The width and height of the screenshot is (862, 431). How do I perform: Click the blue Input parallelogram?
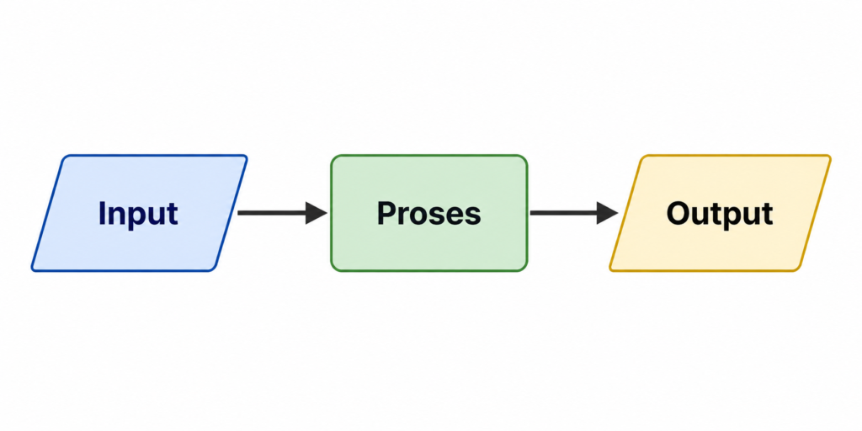pos(139,213)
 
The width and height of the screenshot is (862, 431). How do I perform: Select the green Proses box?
pos(428,213)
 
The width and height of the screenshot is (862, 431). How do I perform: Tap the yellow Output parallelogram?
pos(721,213)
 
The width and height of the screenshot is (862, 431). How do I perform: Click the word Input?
pos(138,214)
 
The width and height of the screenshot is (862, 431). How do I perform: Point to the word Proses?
pos(428,213)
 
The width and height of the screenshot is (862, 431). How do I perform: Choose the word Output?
pos(720,213)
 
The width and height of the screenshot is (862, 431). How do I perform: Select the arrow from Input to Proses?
pos(283,213)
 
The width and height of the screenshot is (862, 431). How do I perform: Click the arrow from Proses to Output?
pos(574,213)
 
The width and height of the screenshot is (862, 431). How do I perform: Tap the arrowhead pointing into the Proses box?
pos(317,213)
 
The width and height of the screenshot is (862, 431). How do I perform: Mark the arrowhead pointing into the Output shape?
pos(608,213)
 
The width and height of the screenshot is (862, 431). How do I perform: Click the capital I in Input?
pos(102,213)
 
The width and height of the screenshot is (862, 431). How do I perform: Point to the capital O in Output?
pos(679,213)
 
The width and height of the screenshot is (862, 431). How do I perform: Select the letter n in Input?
pos(118,216)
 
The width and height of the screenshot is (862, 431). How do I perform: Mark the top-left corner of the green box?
pos(331,156)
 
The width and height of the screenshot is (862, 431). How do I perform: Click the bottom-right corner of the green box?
pos(527,270)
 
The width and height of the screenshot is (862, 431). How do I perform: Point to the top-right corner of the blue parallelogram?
pos(247,156)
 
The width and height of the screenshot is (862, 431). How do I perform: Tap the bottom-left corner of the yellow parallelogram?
pos(609,270)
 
